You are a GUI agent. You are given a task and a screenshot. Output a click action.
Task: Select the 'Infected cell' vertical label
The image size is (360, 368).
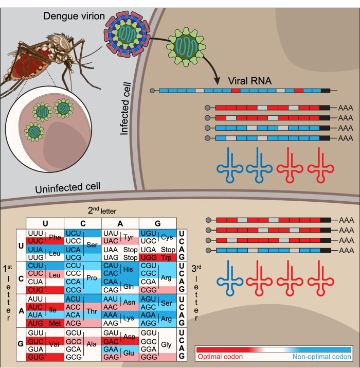click(x=126, y=109)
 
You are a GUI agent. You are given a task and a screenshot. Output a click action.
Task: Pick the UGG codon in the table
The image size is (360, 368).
click(x=148, y=256)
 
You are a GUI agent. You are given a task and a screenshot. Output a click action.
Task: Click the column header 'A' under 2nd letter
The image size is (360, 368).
click(x=120, y=223)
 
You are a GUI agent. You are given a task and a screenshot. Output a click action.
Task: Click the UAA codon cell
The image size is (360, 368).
click(x=111, y=249)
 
